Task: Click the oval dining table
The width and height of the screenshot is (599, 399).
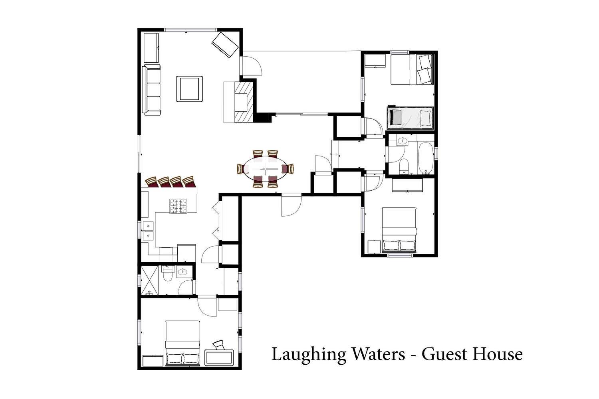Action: [x=265, y=169]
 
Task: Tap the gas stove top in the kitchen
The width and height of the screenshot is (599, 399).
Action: [x=179, y=206]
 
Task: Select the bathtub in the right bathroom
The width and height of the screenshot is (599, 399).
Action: [x=425, y=158]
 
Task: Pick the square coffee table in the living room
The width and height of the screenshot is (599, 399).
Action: [x=189, y=89]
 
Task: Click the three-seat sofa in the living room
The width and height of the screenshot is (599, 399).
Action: [x=151, y=90]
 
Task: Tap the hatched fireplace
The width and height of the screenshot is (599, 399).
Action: [x=244, y=102]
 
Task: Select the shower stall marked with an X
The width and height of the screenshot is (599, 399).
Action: [x=149, y=280]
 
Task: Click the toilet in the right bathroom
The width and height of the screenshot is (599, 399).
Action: [x=404, y=166]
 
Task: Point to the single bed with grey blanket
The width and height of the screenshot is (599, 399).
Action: [x=410, y=117]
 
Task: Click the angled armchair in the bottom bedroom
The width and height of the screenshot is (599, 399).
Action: [x=218, y=345]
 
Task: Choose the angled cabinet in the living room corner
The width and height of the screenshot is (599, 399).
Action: [x=225, y=45]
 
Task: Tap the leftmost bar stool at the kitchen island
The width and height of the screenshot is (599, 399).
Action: [x=152, y=182]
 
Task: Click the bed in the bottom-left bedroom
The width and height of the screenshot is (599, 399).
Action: [x=182, y=343]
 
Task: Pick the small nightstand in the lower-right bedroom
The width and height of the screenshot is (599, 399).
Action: [x=374, y=247]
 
